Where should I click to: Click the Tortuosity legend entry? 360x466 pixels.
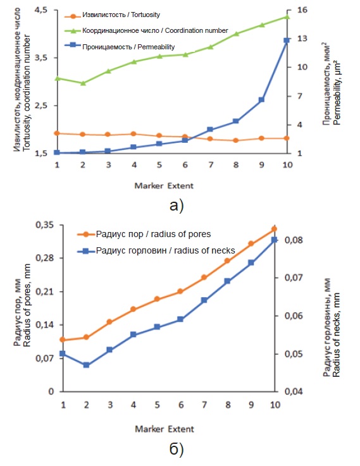[x=113, y=15]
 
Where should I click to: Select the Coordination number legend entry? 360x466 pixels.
[x=146, y=30]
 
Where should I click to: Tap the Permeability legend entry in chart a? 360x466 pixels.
[x=120, y=47]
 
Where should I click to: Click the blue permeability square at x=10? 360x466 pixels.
[x=287, y=40]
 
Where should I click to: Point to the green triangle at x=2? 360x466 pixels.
[x=83, y=83]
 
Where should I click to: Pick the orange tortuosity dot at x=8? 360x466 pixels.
[x=236, y=140]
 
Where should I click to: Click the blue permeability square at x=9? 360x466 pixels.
[x=261, y=100]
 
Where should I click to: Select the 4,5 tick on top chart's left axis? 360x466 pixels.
[x=41, y=10]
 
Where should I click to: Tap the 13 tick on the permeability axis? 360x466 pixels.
[x=302, y=39]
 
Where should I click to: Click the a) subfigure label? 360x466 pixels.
[x=177, y=205]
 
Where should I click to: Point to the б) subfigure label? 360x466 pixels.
[x=177, y=450]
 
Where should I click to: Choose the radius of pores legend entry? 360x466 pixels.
[x=144, y=234]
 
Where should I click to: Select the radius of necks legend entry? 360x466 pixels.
[x=156, y=251]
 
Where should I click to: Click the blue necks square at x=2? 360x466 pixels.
[x=86, y=365]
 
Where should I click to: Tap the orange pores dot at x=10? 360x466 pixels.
[x=275, y=229]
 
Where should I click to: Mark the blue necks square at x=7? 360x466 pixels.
[x=204, y=300]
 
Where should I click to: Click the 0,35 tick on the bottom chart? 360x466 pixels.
[x=45, y=225]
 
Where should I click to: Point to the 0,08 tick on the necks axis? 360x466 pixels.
[x=294, y=240]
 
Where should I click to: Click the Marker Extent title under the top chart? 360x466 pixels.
[x=164, y=186]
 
